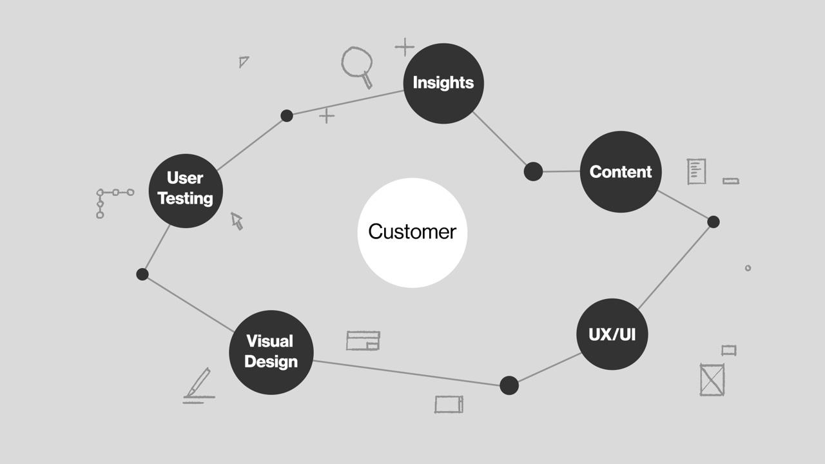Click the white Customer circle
(x=412, y=233)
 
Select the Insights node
(x=443, y=83)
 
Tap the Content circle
(x=621, y=171)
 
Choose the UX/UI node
(x=612, y=334)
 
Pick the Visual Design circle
(x=271, y=352)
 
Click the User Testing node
(x=186, y=190)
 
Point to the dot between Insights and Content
(x=533, y=171)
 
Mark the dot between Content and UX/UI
(x=713, y=222)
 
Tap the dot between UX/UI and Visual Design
(x=509, y=385)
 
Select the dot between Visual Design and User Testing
(x=142, y=275)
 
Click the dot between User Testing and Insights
(x=287, y=116)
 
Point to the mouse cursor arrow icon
(x=237, y=221)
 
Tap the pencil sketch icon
(x=198, y=385)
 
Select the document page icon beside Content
(x=696, y=171)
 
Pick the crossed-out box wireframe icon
(x=712, y=380)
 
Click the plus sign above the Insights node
(x=404, y=47)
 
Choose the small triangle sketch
(x=243, y=62)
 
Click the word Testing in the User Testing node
(x=186, y=198)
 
